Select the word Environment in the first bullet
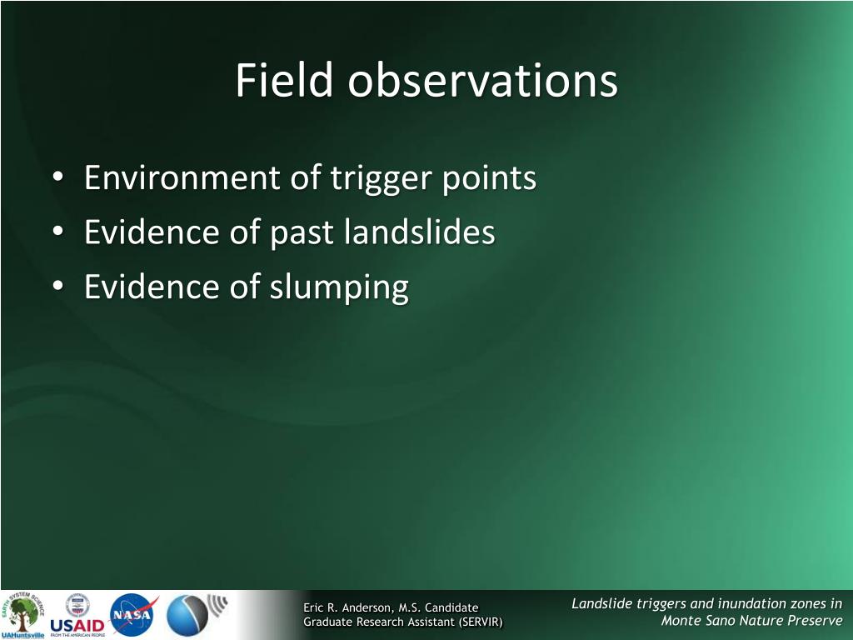(x=182, y=177)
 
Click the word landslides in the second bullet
(x=420, y=232)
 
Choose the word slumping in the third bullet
(x=339, y=287)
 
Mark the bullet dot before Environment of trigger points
(x=58, y=177)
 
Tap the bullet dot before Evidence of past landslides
(x=58, y=231)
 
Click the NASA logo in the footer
(x=132, y=614)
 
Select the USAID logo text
(x=77, y=625)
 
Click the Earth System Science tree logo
(x=22, y=613)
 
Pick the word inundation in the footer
(x=751, y=603)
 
